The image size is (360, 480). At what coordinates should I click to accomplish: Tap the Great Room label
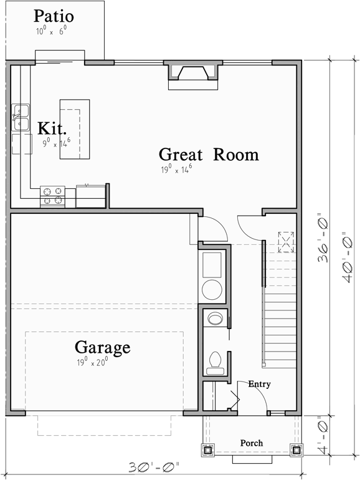tap(208, 154)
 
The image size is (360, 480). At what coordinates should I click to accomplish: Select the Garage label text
tap(103, 347)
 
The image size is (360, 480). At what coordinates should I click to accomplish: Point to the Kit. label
tap(52, 128)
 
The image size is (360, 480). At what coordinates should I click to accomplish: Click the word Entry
tap(259, 384)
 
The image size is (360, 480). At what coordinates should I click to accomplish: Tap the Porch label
tap(252, 443)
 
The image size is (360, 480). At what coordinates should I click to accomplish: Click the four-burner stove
tap(53, 196)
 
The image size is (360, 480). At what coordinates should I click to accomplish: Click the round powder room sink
tap(216, 319)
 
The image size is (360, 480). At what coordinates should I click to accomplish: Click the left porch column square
tap(207, 448)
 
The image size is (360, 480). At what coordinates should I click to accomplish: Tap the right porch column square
tap(296, 448)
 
